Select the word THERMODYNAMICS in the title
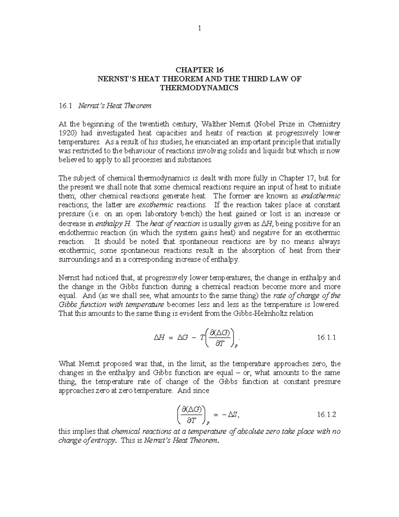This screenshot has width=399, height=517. point(199,88)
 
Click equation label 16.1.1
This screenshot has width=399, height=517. point(327,337)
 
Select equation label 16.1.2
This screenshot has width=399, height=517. point(327,414)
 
